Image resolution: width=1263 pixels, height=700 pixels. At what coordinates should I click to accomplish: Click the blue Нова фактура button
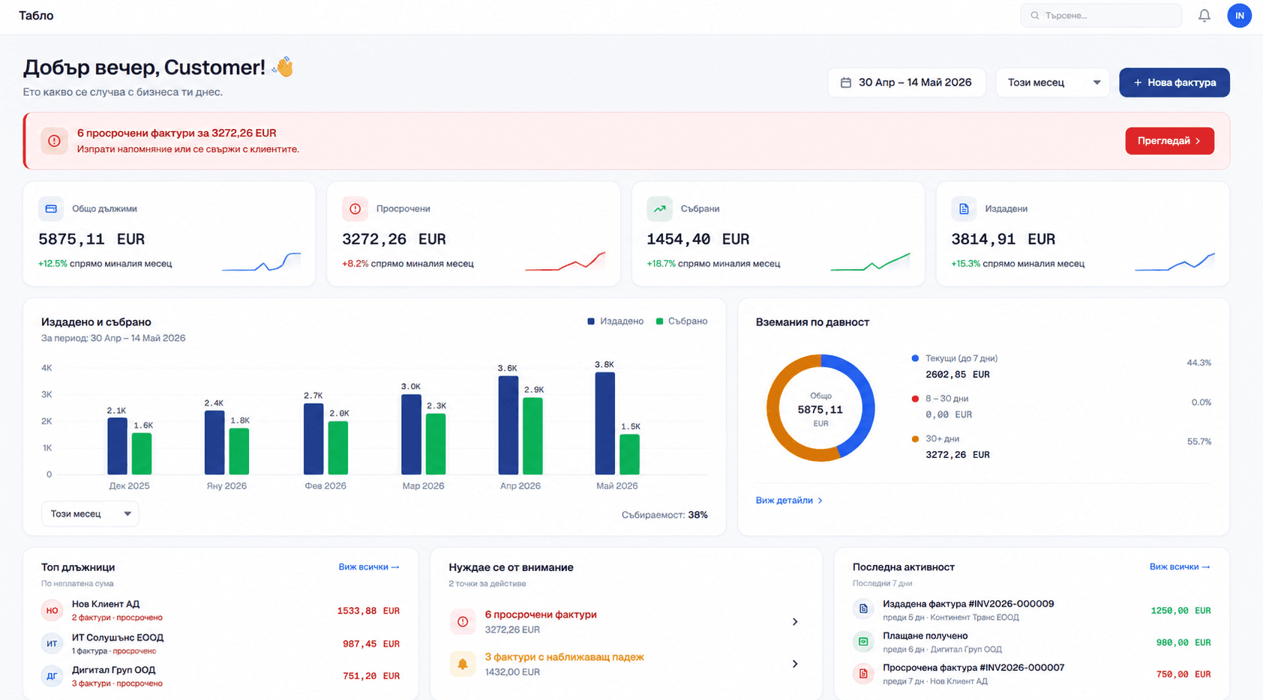pyautogui.click(x=1174, y=82)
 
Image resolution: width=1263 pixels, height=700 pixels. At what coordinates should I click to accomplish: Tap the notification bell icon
pyautogui.click(x=1204, y=16)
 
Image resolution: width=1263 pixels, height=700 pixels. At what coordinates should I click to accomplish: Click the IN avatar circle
pyautogui.click(x=1239, y=16)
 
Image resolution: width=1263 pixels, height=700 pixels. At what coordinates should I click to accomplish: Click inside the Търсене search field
pyautogui.click(x=1100, y=16)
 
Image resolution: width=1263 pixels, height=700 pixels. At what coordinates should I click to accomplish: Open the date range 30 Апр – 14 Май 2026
pyautogui.click(x=906, y=82)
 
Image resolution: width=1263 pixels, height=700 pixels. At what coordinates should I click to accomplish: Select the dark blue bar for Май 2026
pyautogui.click(x=605, y=423)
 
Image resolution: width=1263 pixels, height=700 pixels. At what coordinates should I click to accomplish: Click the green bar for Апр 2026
pyautogui.click(x=532, y=436)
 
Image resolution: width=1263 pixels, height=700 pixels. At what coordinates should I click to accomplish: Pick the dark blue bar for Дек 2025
pyautogui.click(x=117, y=447)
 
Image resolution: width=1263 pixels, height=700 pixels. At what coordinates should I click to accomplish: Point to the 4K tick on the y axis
pyautogui.click(x=46, y=368)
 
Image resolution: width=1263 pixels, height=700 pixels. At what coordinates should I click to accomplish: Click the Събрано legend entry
pyautogui.click(x=682, y=322)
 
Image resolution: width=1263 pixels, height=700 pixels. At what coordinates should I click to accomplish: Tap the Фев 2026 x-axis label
pyautogui.click(x=325, y=486)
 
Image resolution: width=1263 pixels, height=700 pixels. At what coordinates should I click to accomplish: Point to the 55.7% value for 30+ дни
pyautogui.click(x=1198, y=441)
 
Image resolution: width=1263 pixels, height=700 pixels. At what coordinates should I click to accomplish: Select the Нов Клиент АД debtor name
pyautogui.click(x=106, y=604)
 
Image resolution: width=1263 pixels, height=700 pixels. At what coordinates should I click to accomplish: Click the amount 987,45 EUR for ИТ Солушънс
pyautogui.click(x=371, y=644)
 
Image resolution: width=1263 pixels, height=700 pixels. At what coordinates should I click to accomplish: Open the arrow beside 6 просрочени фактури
pyautogui.click(x=795, y=621)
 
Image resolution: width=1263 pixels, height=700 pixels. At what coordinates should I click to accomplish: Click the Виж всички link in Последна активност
pyautogui.click(x=1180, y=567)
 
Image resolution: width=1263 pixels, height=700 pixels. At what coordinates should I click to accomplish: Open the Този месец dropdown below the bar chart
pyautogui.click(x=90, y=514)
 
